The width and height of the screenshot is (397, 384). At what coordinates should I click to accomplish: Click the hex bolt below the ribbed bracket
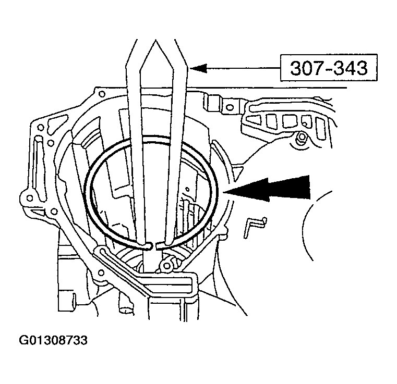[301, 139]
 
